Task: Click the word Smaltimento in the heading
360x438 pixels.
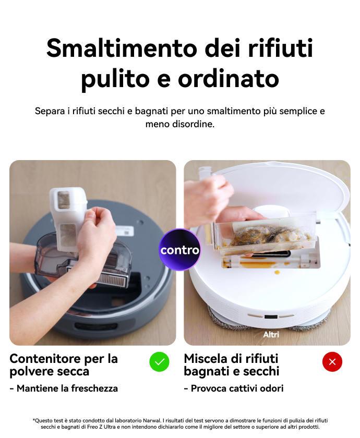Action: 122,48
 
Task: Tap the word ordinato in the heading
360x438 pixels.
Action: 229,79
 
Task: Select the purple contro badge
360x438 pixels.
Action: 179,250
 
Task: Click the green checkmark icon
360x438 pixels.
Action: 159,362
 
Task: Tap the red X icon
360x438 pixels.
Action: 332,362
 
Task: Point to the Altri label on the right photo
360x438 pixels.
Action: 271,334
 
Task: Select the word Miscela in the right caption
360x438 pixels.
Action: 204,359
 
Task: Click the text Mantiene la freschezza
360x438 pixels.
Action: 67,388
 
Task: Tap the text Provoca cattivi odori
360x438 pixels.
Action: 237,388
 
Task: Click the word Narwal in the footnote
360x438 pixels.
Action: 152,420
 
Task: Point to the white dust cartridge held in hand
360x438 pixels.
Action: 68,218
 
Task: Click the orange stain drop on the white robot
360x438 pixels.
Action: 277,272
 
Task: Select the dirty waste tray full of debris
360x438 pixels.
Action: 266,235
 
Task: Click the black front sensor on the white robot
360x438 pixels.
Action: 271,317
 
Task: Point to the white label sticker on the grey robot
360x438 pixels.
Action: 124,230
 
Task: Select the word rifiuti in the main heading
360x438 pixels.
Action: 280,48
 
